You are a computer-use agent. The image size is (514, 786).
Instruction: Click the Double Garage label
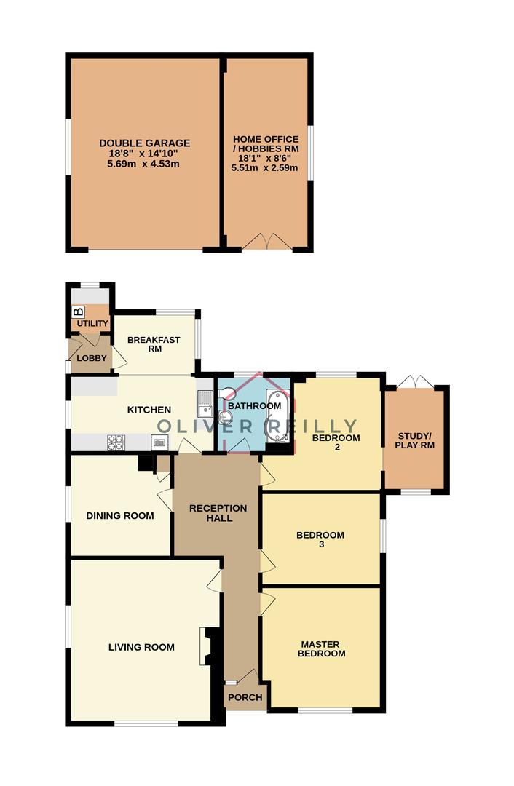(x=145, y=143)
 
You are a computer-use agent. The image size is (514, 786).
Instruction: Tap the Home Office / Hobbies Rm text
(x=265, y=143)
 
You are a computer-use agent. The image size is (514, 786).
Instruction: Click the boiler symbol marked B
(x=79, y=311)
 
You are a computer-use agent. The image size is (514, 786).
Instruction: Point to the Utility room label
(x=92, y=323)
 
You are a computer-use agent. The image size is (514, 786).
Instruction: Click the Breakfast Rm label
(x=154, y=344)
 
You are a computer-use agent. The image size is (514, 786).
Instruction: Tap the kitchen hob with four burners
(x=116, y=440)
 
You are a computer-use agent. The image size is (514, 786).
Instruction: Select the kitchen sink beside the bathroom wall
(x=205, y=401)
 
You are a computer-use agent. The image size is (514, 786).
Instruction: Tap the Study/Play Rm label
(x=415, y=440)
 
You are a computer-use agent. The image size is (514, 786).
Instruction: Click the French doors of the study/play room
(x=416, y=381)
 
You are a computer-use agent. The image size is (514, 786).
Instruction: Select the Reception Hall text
(x=218, y=512)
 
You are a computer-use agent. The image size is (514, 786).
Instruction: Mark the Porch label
(x=245, y=697)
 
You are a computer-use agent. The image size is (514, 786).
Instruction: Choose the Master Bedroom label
(x=322, y=648)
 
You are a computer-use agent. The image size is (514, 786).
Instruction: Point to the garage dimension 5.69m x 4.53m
(x=145, y=164)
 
